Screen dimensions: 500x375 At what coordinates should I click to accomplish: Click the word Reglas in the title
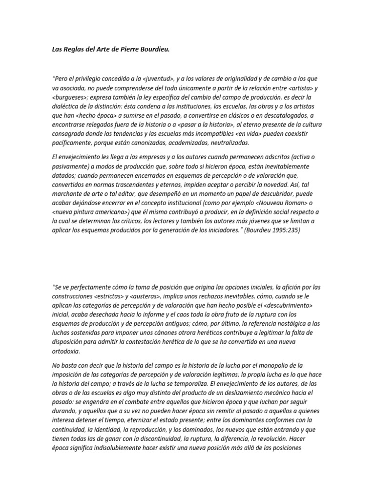(x=73, y=49)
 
